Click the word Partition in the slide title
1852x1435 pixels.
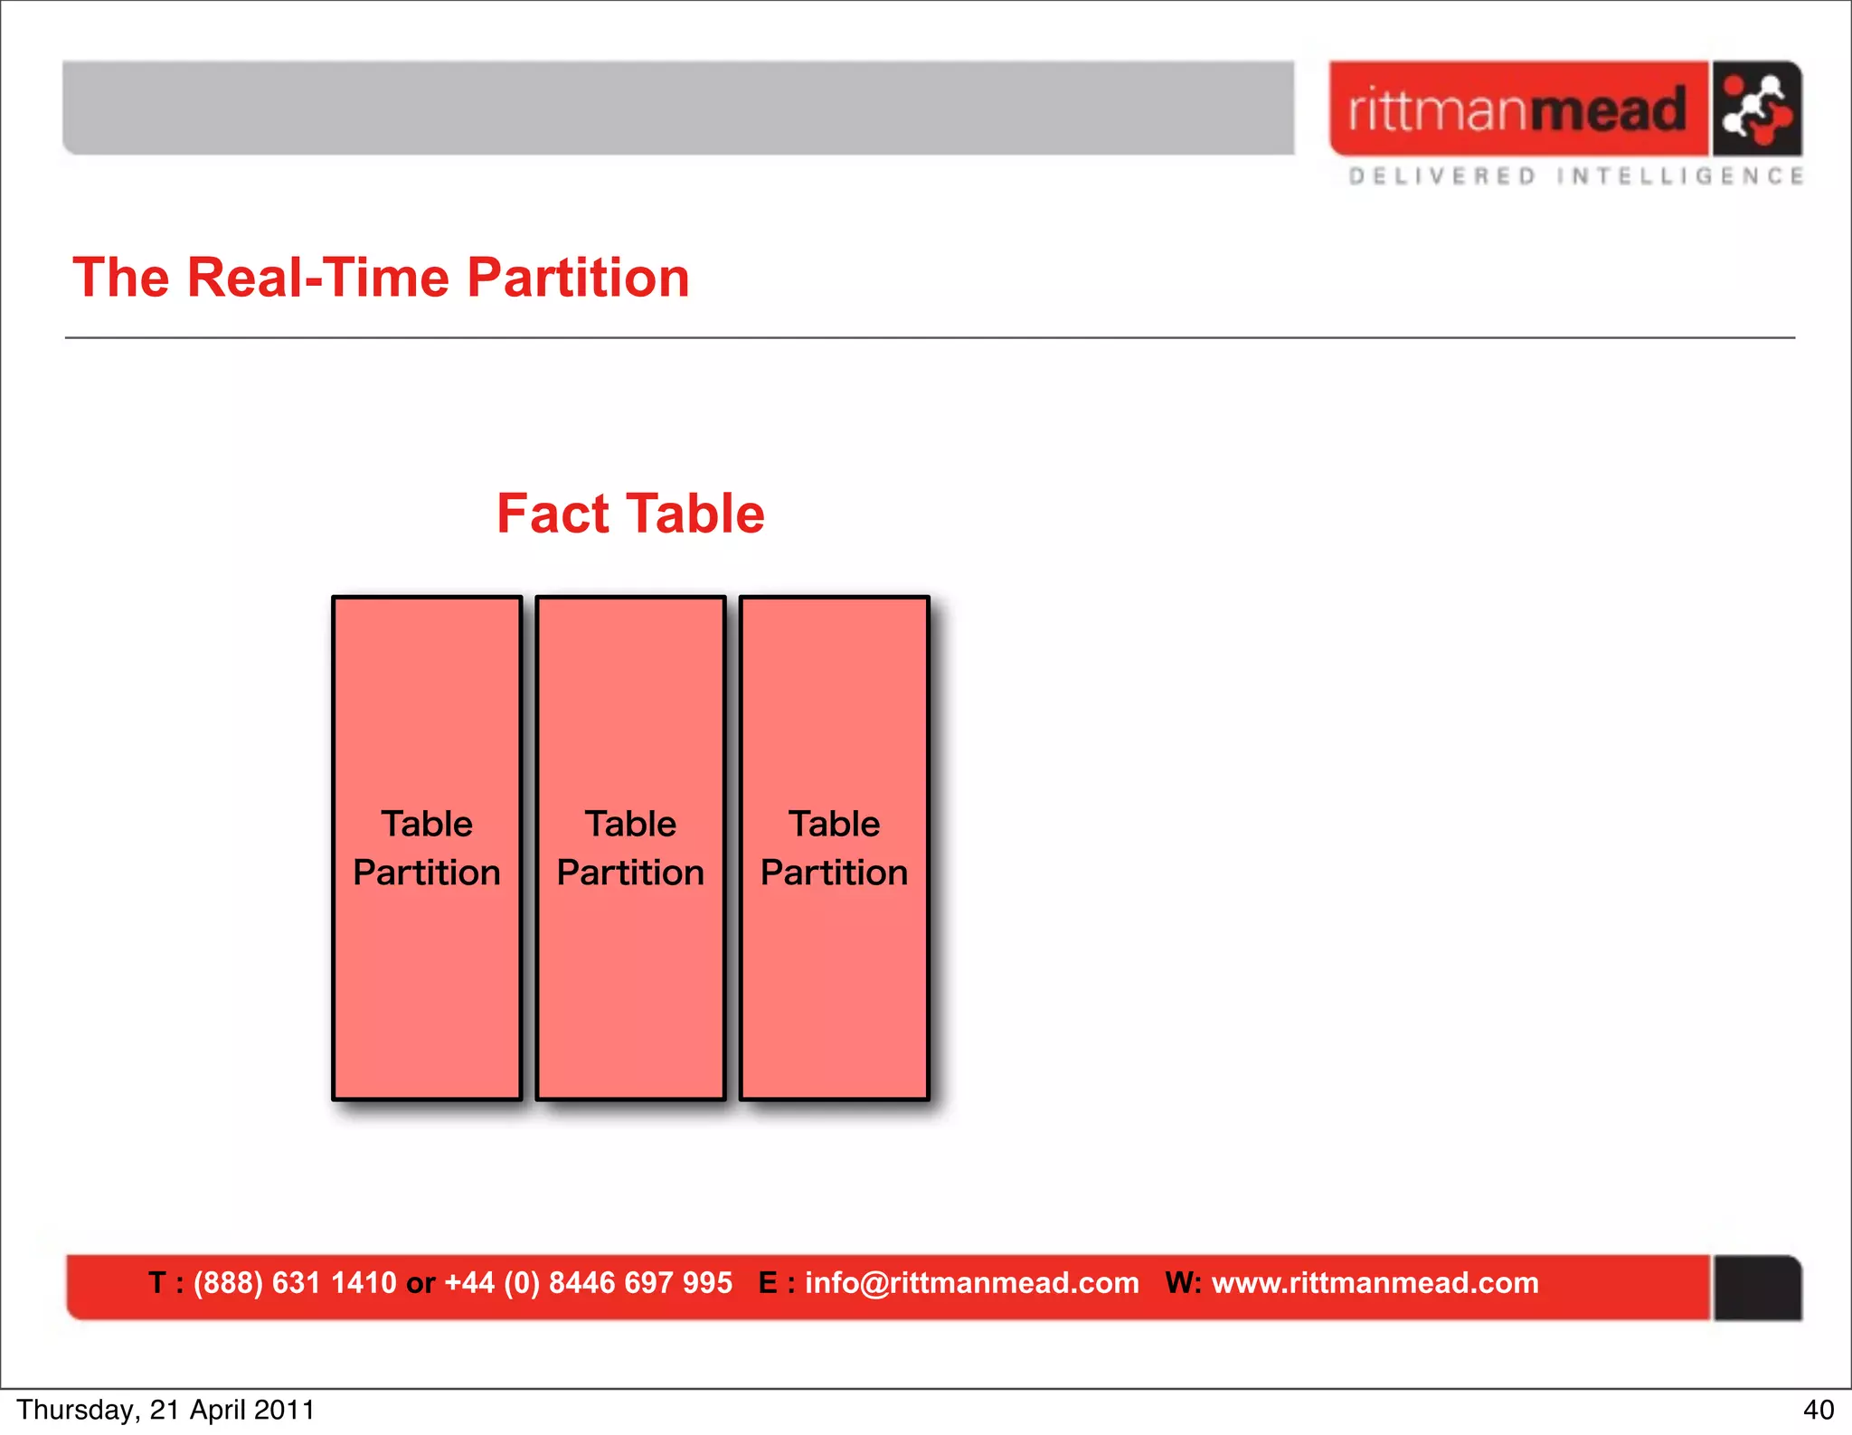click(578, 278)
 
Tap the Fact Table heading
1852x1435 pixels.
click(630, 514)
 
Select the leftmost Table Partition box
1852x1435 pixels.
click(427, 848)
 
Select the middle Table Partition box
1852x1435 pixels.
click(630, 848)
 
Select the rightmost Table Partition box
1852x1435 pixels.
click(834, 848)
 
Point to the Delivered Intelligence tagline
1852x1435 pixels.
click(1575, 175)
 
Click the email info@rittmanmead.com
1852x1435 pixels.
click(971, 1283)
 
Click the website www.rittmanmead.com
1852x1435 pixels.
click(1375, 1283)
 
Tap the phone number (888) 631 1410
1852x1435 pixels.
click(295, 1283)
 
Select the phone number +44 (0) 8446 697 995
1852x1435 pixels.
click(588, 1283)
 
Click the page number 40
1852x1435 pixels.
click(1818, 1410)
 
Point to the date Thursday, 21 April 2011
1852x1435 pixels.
click(165, 1410)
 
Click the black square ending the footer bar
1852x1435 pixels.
click(1757, 1288)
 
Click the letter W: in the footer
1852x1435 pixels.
click(1183, 1283)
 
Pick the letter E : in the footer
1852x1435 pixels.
click(776, 1283)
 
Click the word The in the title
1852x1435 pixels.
click(121, 278)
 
